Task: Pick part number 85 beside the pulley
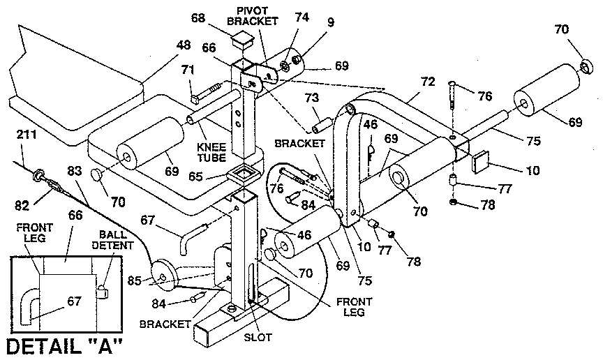[x=135, y=281]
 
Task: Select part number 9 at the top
[x=330, y=22]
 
